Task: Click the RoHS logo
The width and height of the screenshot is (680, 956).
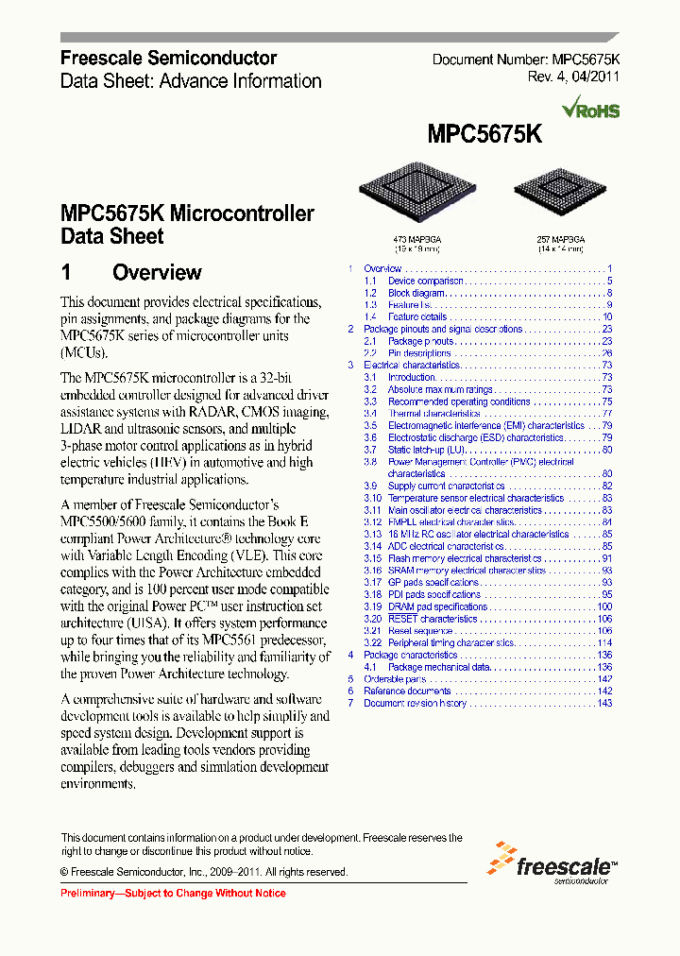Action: [590, 109]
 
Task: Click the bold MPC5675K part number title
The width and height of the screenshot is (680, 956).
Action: [484, 134]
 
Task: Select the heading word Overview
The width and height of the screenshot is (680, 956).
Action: [157, 273]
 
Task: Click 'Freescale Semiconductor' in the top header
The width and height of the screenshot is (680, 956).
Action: [169, 59]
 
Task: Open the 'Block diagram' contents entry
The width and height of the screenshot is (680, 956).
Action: [416, 293]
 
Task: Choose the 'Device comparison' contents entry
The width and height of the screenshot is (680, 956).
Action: [425, 281]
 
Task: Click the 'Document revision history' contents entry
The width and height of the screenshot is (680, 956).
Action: [415, 703]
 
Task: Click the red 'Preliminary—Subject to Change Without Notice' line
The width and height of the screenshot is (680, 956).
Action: [173, 893]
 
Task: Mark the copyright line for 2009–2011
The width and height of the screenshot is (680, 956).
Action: [204, 872]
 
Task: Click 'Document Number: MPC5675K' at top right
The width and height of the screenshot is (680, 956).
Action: [533, 60]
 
